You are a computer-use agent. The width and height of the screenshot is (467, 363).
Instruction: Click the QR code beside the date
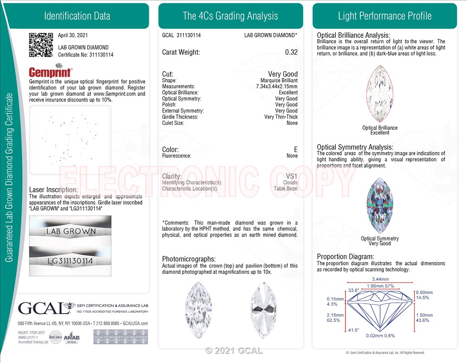pos(41,45)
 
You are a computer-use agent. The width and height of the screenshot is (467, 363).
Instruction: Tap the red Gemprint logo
pos(51,71)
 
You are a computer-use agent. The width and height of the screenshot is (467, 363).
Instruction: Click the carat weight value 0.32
pos(291,52)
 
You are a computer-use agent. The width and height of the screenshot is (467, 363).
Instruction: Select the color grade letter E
pos(296,149)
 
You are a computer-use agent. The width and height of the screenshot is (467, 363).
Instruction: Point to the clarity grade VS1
pos(292,176)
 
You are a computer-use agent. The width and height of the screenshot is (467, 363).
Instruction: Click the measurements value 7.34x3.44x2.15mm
pos(277,86)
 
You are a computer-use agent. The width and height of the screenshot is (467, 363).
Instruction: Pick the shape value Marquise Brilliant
pos(279,80)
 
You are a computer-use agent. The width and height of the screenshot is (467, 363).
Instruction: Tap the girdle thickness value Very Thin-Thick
pos(281,117)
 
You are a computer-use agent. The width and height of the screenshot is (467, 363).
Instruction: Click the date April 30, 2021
pos(73,35)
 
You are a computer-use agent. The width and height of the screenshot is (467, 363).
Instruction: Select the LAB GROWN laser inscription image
pos(70,230)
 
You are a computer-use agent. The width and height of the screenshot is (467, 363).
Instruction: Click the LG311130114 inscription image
pos(70,261)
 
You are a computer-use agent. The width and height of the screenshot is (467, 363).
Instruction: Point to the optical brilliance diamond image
pos(380,93)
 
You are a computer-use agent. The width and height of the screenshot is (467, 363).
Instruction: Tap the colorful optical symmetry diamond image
pos(380,205)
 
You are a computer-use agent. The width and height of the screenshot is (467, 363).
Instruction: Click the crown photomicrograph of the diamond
pos(198,310)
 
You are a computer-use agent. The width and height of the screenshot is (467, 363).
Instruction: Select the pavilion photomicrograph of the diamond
pos(264,310)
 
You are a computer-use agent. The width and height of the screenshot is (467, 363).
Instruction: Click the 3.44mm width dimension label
pos(380,279)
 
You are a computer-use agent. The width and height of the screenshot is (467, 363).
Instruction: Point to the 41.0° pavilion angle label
pos(354,330)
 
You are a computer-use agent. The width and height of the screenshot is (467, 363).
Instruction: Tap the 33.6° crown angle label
pos(354,290)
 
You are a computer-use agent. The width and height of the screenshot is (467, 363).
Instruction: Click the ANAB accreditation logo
pos(71,338)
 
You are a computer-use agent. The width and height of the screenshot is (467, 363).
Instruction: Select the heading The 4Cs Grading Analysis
pos(231,16)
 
